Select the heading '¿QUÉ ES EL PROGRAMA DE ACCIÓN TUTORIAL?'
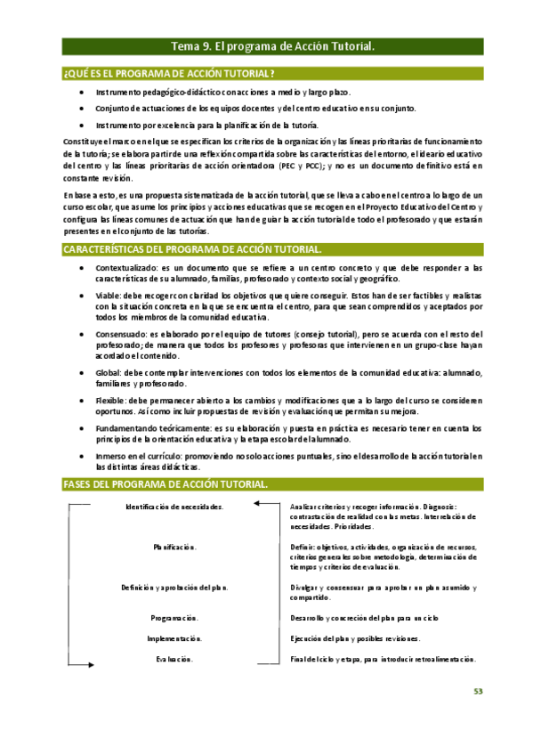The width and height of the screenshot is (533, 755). pos(168,72)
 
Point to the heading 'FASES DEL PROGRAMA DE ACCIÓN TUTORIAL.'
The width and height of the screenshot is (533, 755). pos(165,483)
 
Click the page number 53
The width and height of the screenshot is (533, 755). pos(478,691)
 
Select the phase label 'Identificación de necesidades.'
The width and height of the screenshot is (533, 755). pos(174,507)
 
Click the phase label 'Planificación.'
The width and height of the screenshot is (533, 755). pos(174,547)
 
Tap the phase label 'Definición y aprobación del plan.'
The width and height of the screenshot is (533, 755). pos(174,588)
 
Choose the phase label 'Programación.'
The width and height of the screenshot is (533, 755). pos(174,617)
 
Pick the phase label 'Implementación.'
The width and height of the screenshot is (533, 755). pos(174,638)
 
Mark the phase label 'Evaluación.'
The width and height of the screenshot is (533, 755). pos(174,660)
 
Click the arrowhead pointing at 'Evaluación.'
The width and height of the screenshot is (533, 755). pos(91,660)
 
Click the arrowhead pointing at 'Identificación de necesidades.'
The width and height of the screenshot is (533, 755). pos(256,506)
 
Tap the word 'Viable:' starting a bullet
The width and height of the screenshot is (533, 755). pos(109,295)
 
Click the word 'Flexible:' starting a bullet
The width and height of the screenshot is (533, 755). pos(112,401)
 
